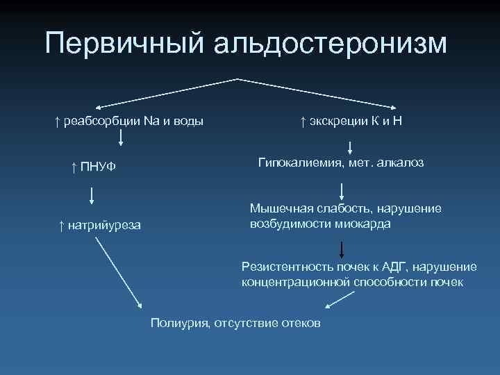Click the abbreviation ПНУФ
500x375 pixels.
pos(97,167)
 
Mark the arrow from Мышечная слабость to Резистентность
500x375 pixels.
pos(342,248)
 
